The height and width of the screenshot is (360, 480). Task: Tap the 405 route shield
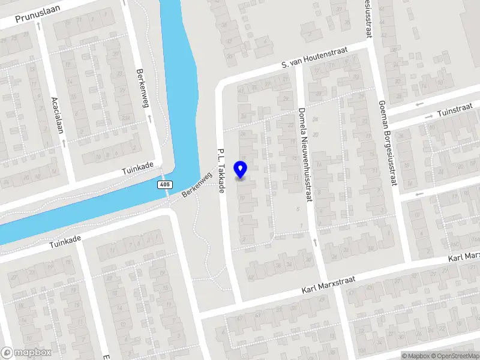point(165,185)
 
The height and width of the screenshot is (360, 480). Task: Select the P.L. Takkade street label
point(221,170)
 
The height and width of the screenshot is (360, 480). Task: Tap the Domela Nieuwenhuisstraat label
point(305,156)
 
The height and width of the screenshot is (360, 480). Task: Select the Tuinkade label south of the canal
point(65,242)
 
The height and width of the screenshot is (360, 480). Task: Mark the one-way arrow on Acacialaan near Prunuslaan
point(39,26)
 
